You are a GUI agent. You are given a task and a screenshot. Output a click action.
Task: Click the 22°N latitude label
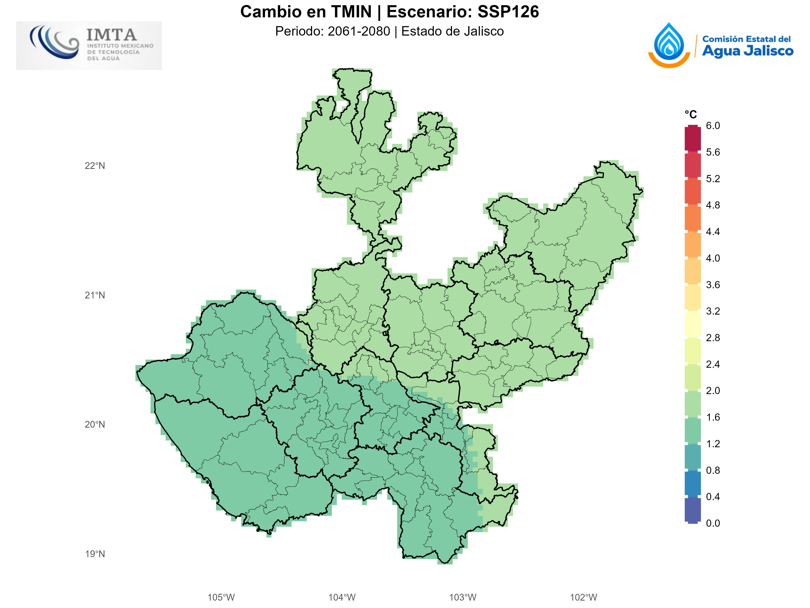click(95, 166)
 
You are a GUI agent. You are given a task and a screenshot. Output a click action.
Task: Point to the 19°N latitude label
click(95, 554)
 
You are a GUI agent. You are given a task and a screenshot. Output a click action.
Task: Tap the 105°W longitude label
click(221, 597)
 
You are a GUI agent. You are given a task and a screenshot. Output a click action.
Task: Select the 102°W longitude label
click(583, 597)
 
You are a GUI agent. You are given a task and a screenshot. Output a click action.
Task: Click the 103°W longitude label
click(463, 597)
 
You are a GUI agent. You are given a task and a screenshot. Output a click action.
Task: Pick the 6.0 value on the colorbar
click(713, 126)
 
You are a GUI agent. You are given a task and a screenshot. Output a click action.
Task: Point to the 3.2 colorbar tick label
click(713, 311)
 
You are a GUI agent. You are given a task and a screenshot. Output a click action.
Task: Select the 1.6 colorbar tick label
click(713, 417)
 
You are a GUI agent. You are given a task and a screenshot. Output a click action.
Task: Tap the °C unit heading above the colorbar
click(691, 115)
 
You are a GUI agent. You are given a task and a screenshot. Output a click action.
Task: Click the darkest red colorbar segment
click(693, 138)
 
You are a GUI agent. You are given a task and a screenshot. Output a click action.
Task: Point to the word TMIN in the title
click(351, 12)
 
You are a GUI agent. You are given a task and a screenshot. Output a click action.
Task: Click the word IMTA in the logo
click(111, 35)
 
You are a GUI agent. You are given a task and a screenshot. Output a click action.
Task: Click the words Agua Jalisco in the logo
click(747, 51)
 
